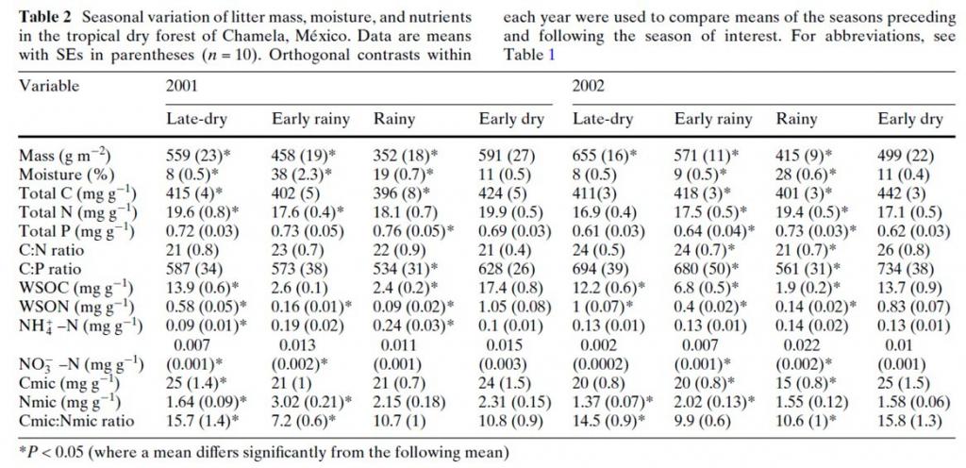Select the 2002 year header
coord(589,86)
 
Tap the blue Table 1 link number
coord(540,55)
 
